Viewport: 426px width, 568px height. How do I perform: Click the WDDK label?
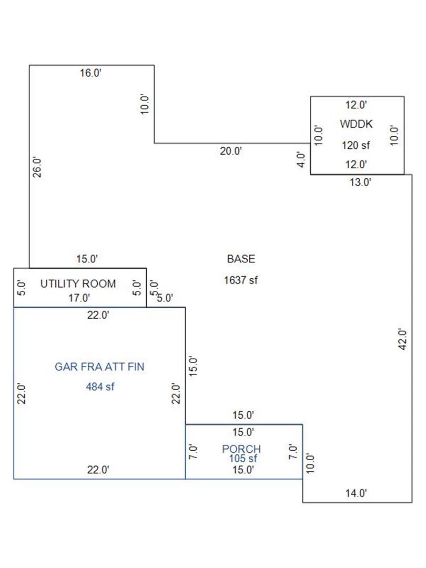coord(356,124)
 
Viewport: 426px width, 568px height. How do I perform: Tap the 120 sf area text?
coord(356,145)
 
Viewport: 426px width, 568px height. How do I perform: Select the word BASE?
coord(241,259)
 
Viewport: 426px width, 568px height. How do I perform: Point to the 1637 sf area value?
coord(241,280)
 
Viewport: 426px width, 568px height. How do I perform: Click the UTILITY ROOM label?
coord(78,283)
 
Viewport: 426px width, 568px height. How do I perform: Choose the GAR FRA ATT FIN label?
coord(99,367)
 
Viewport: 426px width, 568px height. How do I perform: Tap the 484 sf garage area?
coord(100,387)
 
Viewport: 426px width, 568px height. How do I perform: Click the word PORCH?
coord(241,449)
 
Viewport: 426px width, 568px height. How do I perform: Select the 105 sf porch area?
coord(242,458)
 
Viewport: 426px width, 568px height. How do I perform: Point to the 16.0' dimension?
coord(90,73)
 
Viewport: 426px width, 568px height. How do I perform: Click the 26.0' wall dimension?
coord(37,167)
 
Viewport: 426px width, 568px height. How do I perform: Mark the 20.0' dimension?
coord(231,151)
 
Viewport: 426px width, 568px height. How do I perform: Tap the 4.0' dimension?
coord(301,159)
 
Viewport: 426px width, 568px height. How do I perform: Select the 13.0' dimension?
coord(360,182)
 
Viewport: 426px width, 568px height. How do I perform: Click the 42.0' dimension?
coord(402,339)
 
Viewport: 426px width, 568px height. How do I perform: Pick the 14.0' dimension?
coord(356,493)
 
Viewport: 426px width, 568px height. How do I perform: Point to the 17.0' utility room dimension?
coord(79,298)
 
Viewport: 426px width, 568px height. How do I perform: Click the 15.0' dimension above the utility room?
coord(87,259)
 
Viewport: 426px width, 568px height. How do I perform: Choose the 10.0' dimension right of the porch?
coord(310,463)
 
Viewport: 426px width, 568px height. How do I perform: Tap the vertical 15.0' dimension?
coord(194,366)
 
